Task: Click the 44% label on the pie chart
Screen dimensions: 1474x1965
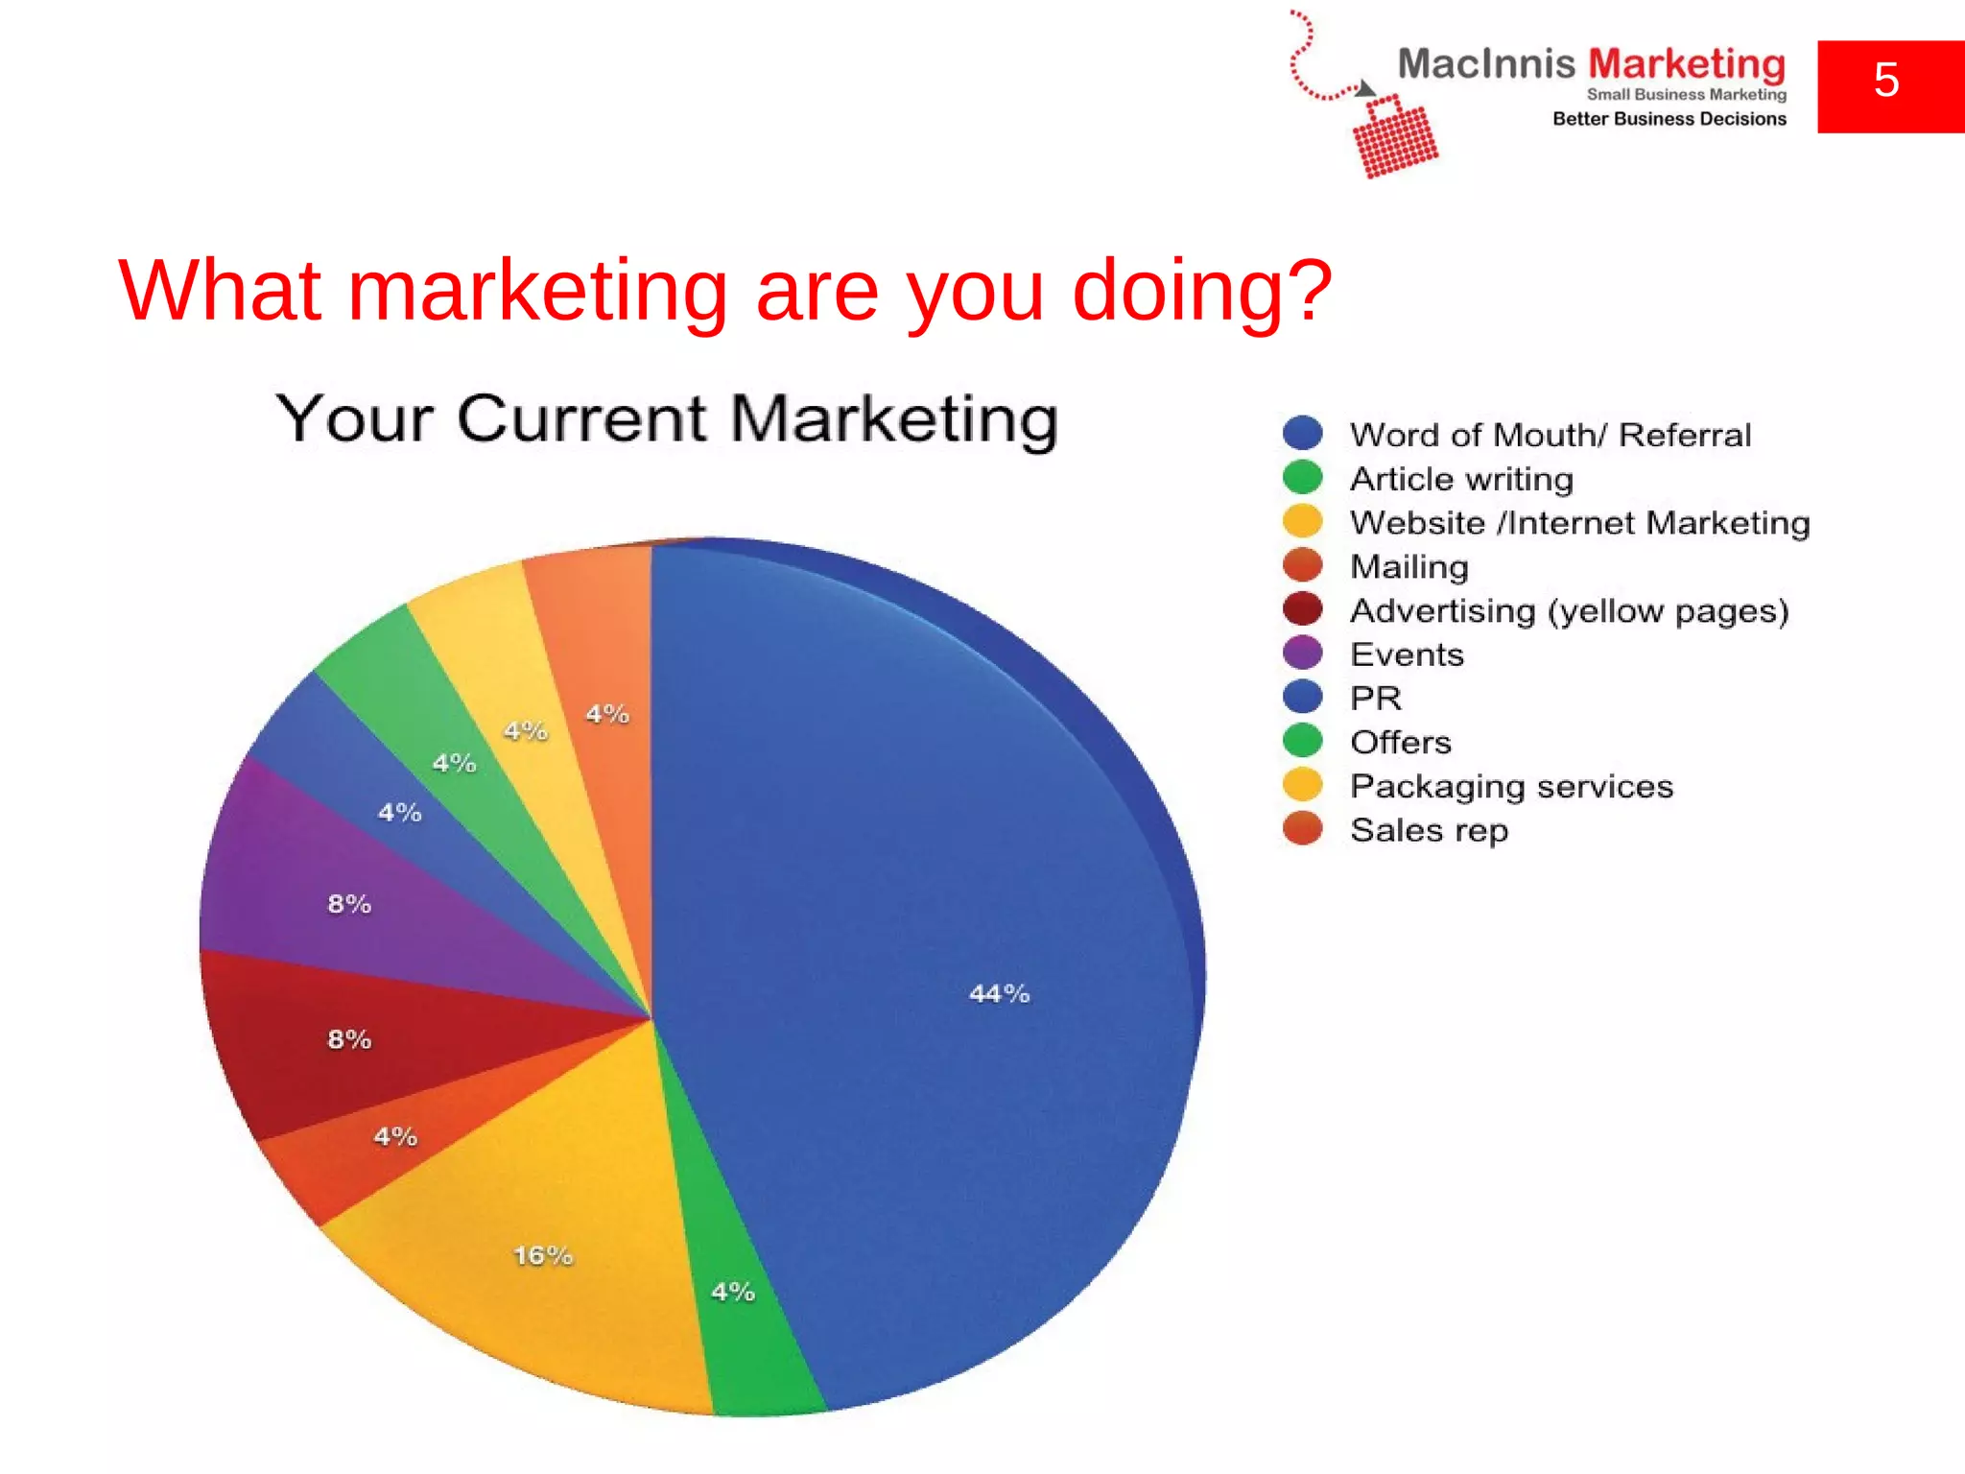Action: click(x=999, y=993)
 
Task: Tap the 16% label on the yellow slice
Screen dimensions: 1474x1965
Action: click(x=543, y=1255)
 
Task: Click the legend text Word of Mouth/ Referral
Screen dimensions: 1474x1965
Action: click(x=1550, y=435)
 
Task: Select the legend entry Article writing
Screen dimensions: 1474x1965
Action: click(x=1461, y=479)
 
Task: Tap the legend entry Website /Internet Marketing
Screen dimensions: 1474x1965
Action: click(x=1579, y=523)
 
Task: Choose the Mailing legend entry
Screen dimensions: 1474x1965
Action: click(x=1409, y=567)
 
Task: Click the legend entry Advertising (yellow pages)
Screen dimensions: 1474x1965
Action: click(x=1569, y=611)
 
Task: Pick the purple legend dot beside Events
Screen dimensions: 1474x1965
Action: click(x=1302, y=654)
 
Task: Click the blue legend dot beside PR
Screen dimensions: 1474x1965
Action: click(x=1302, y=698)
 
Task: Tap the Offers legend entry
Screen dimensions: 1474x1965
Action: click(x=1400, y=742)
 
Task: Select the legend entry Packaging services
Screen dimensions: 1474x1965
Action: click(x=1511, y=786)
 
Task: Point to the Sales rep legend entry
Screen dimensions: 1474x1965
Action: click(x=1429, y=830)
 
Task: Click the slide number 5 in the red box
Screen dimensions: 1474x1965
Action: click(x=1886, y=81)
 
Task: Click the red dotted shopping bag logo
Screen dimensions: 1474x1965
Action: click(x=1395, y=136)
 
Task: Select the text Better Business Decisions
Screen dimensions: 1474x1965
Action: click(x=1669, y=119)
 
